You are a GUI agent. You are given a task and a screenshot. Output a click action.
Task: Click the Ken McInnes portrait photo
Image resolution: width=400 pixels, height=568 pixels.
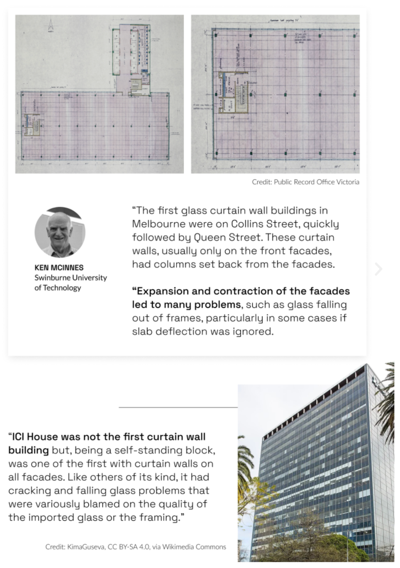(60, 233)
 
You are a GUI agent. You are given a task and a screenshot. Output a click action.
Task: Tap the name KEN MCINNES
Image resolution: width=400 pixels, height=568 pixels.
(59, 268)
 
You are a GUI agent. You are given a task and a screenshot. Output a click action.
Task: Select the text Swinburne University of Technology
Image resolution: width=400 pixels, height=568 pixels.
(71, 283)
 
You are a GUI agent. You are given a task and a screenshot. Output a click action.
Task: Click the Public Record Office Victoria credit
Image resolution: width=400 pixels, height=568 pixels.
(305, 182)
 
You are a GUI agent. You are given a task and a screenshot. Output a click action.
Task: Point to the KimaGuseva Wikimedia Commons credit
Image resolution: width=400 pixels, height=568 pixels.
(136, 547)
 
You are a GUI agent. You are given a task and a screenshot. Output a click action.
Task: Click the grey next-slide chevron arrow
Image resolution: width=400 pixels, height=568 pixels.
(378, 269)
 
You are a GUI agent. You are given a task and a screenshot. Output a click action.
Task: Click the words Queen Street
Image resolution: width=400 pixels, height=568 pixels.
(227, 237)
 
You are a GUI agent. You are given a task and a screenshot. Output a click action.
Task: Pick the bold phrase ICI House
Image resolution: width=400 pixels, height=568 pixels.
(34, 437)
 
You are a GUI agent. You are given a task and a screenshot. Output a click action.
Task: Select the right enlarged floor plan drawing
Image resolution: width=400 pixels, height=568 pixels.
(275, 94)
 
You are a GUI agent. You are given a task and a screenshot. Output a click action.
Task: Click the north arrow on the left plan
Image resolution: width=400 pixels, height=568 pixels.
(51, 25)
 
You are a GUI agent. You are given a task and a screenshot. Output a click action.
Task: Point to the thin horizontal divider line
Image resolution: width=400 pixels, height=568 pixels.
(178, 407)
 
